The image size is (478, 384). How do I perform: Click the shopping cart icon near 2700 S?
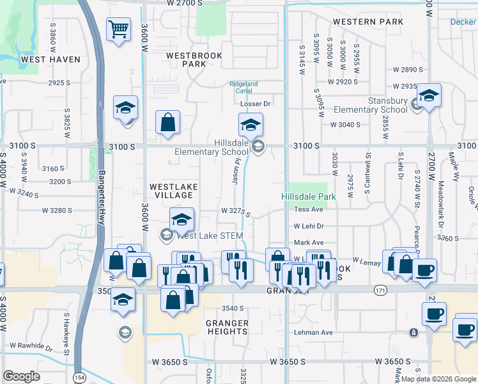[x=118, y=29]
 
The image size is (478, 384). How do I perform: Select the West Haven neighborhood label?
[x=50, y=60]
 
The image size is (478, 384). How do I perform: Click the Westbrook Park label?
[x=194, y=60]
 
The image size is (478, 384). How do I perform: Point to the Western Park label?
[x=367, y=22]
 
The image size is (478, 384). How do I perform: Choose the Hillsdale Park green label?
[x=308, y=196]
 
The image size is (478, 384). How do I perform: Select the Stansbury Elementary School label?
[x=378, y=105]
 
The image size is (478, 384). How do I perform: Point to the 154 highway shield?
[x=79, y=377]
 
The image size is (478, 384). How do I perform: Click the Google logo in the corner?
[x=21, y=376]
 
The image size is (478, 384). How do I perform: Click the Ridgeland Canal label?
[x=243, y=88]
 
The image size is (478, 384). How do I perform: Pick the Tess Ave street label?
[x=308, y=209]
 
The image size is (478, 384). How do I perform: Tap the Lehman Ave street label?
[x=313, y=333]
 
